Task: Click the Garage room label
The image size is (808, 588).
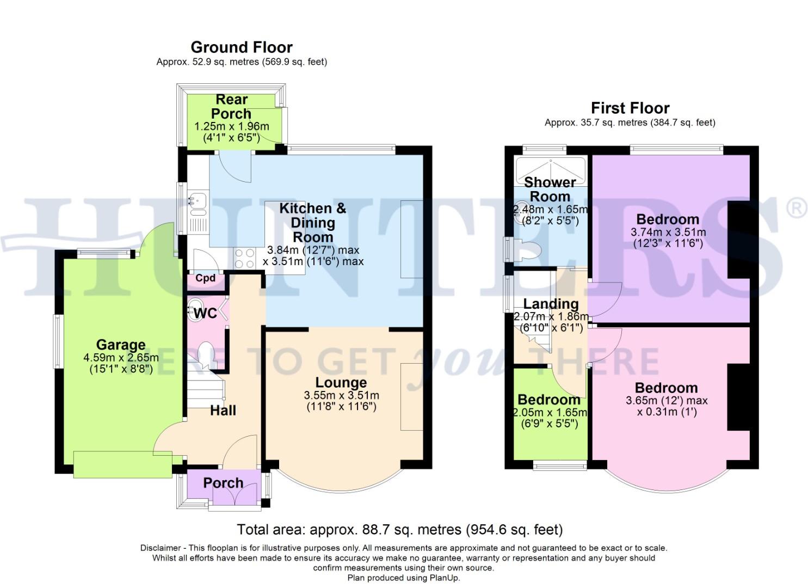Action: tap(120, 345)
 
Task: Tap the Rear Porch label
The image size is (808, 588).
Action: tap(231, 107)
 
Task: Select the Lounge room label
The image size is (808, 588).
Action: tap(341, 383)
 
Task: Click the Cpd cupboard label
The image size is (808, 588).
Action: tap(205, 278)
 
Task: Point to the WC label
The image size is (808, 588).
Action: tap(205, 313)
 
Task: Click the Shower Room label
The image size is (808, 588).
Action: tap(550, 189)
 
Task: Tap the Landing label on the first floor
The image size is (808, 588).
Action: tap(551, 303)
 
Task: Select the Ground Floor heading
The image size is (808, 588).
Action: tap(242, 47)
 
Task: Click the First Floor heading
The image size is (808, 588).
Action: tap(630, 108)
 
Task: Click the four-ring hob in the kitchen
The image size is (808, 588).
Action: tap(244, 258)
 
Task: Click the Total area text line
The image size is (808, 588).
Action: tap(399, 529)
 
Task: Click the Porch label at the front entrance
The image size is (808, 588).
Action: tap(223, 483)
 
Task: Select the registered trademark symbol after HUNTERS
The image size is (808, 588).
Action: tap(798, 209)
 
